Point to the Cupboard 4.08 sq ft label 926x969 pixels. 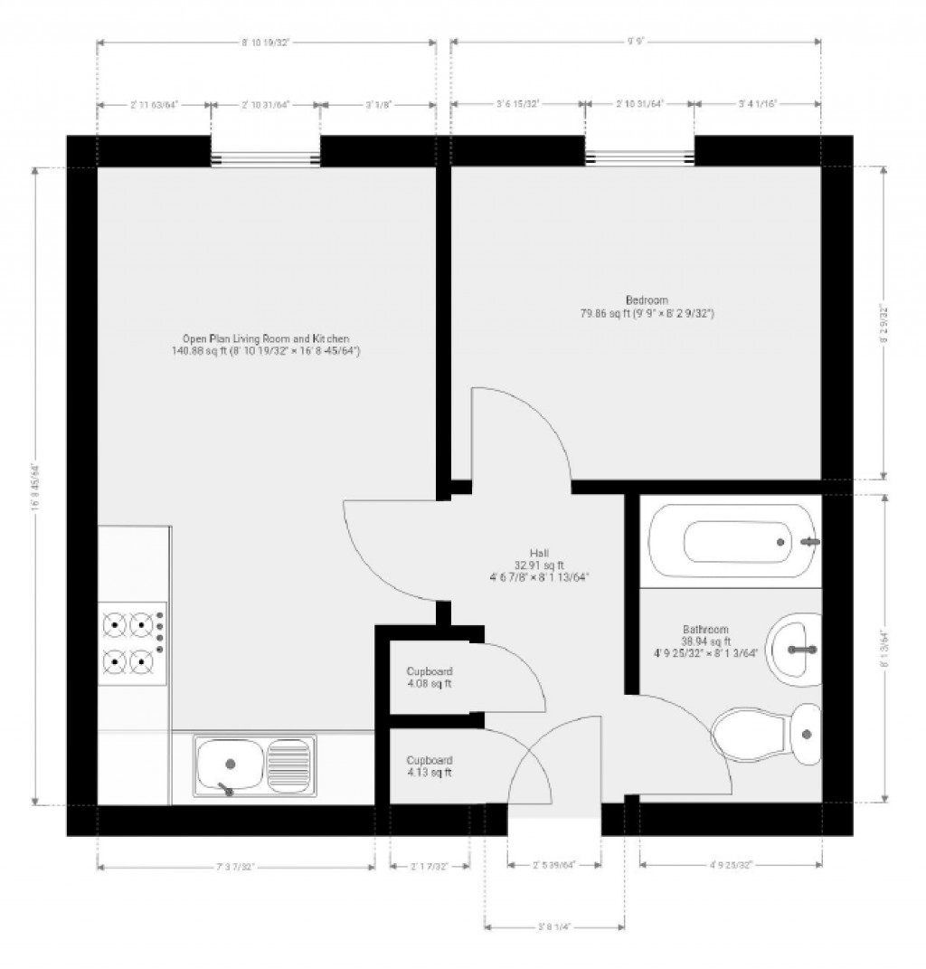pos(429,678)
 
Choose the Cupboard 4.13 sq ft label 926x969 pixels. pos(429,766)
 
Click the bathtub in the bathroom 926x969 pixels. pos(732,543)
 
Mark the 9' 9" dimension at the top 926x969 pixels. pos(636,42)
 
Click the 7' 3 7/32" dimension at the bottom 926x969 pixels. pos(235,867)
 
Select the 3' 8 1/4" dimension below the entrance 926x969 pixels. pos(553,926)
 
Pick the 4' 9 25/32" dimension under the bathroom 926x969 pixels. pos(731,866)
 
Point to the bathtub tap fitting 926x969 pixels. pos(811,542)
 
